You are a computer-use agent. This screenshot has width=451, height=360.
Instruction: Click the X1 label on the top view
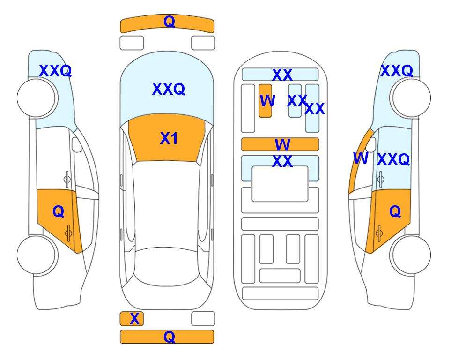coord(169,139)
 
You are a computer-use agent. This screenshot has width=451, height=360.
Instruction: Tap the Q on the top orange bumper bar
coord(170,22)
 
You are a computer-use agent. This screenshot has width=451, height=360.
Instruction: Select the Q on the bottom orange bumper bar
coord(170,337)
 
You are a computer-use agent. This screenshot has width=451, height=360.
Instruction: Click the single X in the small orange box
coord(134,319)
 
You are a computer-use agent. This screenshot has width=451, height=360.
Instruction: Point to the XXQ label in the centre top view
coord(169,89)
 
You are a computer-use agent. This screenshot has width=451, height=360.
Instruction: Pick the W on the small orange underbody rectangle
coord(267,101)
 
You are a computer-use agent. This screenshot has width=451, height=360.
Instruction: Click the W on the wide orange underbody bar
coord(282,144)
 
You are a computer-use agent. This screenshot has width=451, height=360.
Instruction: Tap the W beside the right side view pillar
coord(361,158)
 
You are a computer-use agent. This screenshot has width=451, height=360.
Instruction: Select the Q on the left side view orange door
coord(59,212)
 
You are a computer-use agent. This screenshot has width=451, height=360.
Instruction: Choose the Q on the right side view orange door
coord(395,212)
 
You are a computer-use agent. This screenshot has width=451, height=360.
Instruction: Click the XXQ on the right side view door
coord(393,159)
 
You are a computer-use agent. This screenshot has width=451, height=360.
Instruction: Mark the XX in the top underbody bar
coord(282,75)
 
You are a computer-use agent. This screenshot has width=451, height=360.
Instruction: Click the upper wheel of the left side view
coord(37,97)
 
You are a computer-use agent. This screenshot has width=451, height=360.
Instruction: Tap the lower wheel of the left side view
coord(37,255)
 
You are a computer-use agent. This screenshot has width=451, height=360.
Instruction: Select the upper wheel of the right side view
coord(411,97)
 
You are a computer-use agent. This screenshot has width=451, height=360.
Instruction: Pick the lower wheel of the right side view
coord(411,255)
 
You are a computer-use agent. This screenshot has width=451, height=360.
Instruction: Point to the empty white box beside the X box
coord(203,319)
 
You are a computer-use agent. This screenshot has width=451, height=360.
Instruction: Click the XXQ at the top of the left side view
coord(55,71)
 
